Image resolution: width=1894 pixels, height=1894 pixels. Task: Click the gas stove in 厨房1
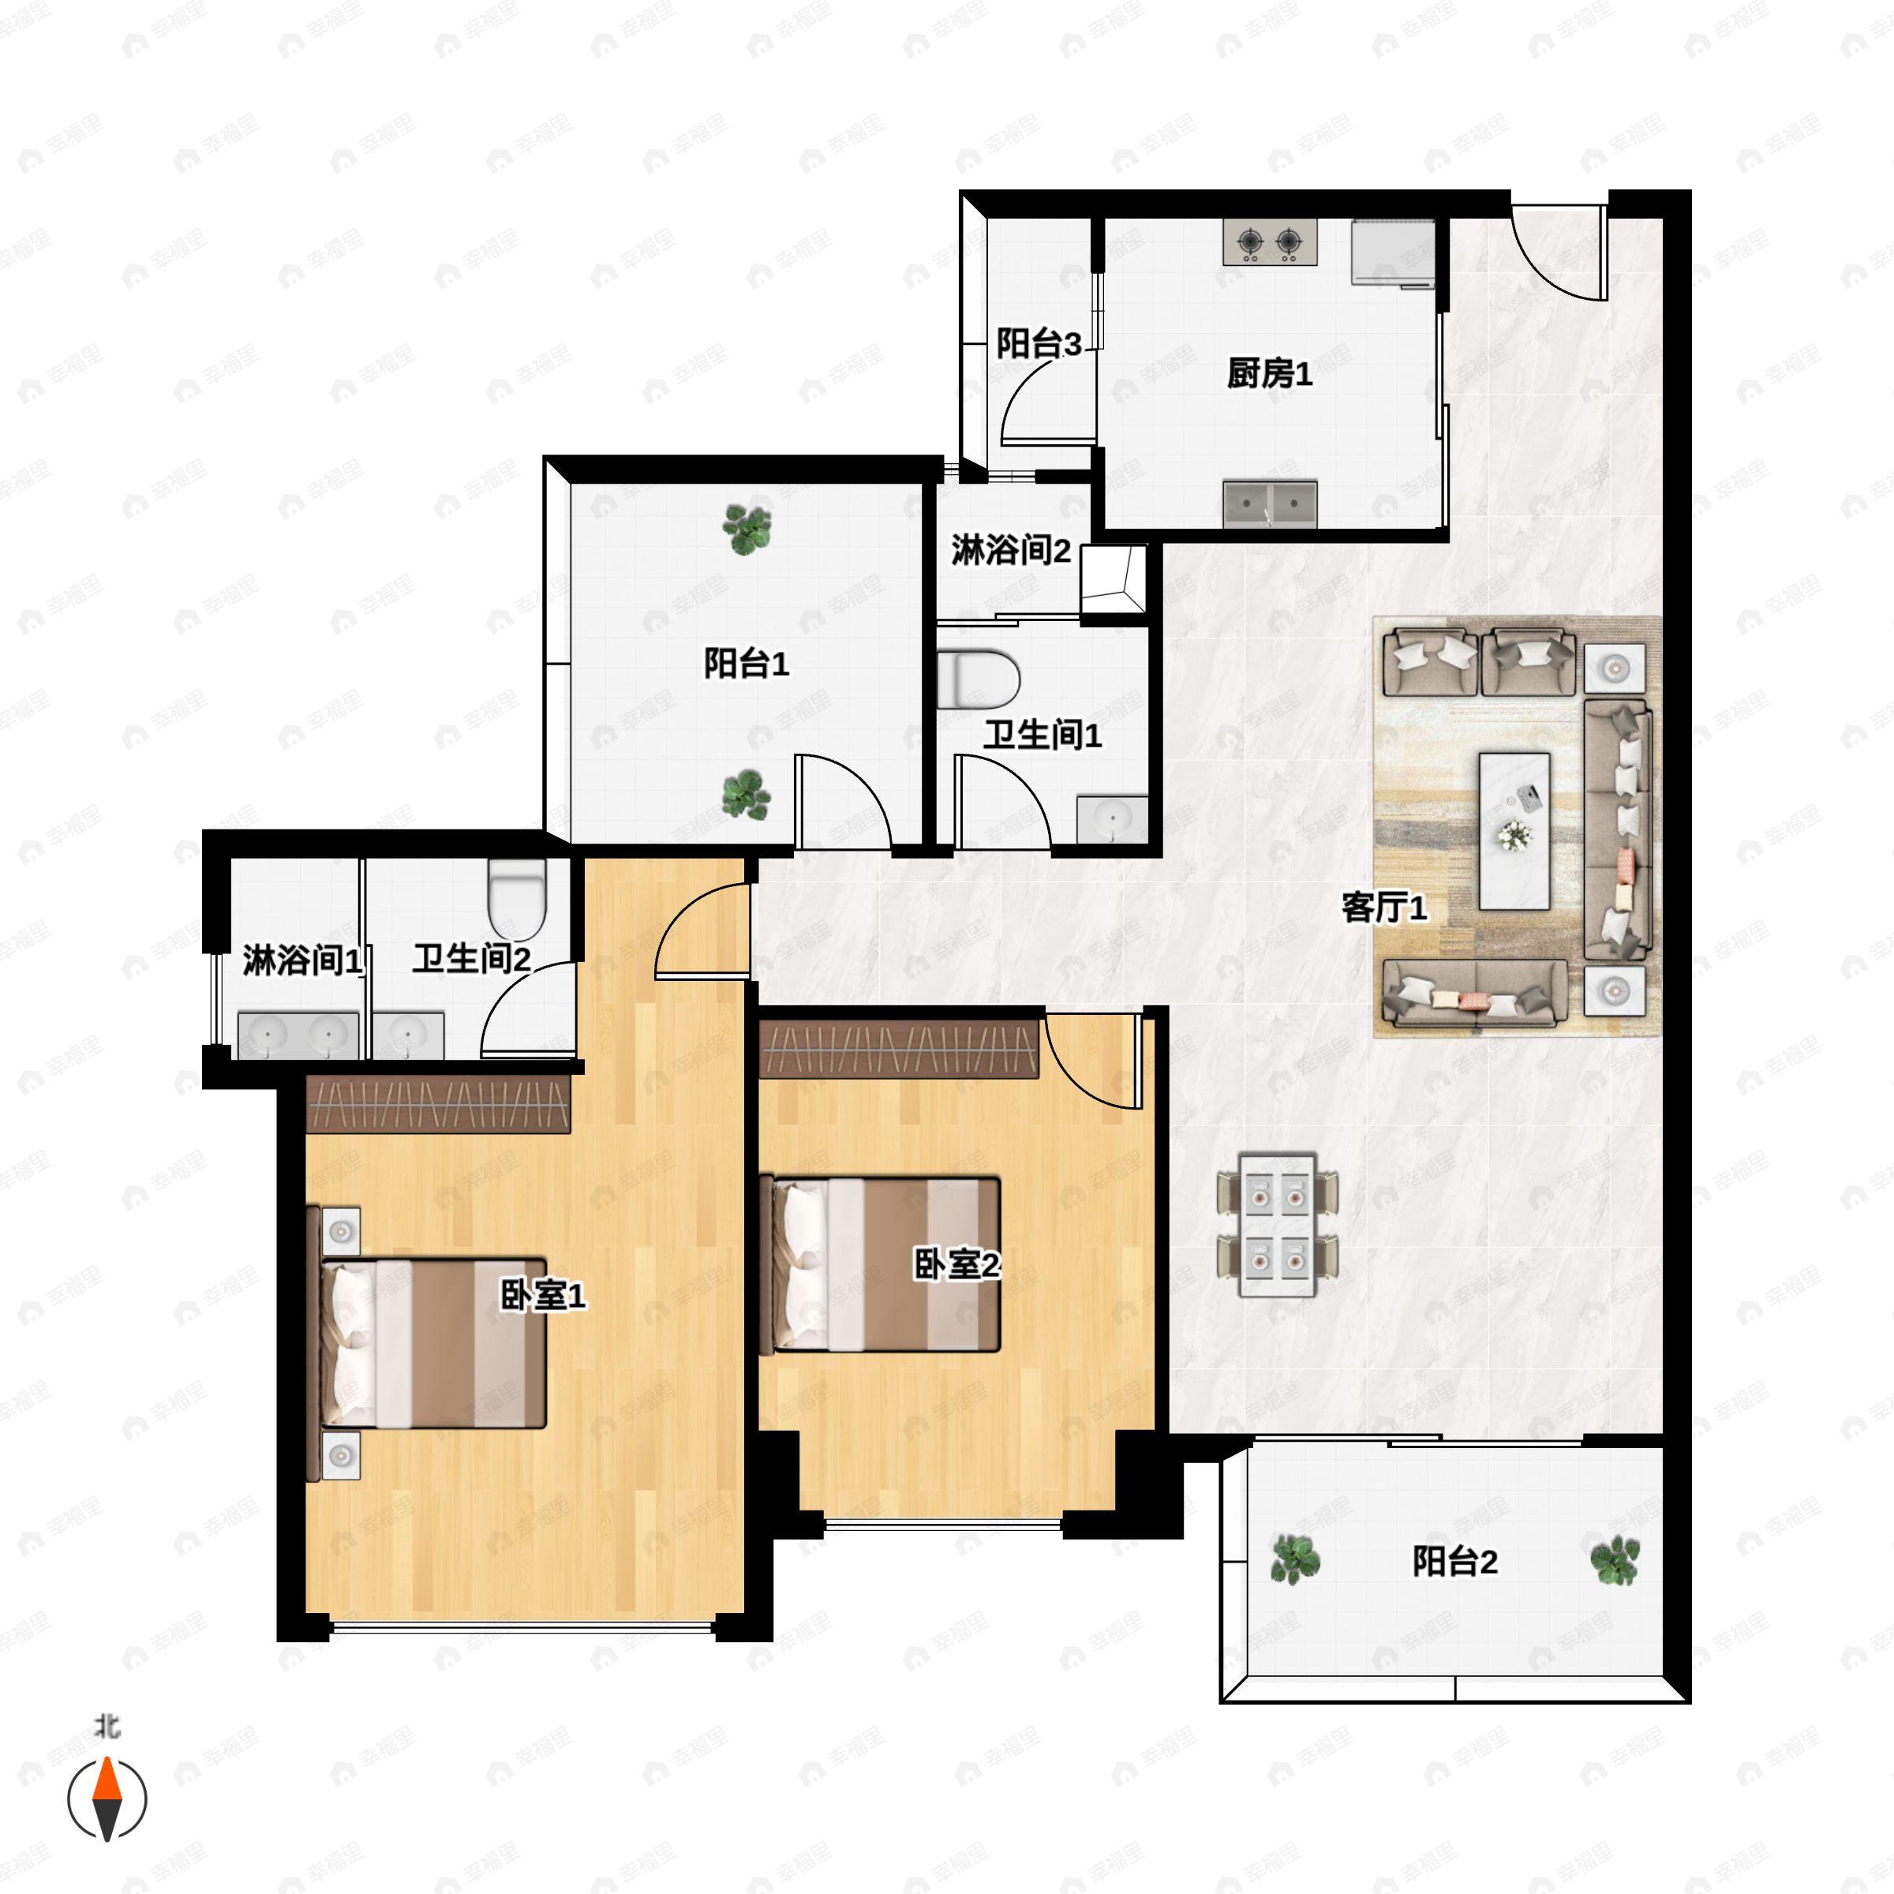tap(1270, 241)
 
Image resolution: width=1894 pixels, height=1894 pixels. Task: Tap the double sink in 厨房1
tap(1270, 504)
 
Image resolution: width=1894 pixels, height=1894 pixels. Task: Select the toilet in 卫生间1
tap(979, 679)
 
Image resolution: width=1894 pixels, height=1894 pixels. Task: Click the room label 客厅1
tap(1384, 908)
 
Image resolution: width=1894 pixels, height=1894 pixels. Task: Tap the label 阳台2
tap(1454, 1561)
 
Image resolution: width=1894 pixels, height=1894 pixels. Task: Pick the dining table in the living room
tap(1276, 1225)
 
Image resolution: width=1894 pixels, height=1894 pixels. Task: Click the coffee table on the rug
tap(1514, 830)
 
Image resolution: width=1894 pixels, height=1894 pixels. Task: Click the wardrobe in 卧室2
tap(899, 1049)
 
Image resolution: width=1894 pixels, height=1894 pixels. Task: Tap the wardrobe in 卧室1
tap(438, 1104)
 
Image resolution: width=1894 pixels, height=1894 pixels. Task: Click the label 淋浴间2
tap(1011, 550)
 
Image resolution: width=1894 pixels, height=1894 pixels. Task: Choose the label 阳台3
tap(1039, 343)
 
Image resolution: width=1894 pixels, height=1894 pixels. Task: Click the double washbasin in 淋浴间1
tap(298, 1035)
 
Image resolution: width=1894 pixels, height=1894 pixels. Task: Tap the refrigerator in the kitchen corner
tap(1393, 253)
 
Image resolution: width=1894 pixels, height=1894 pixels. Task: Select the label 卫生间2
tap(472, 958)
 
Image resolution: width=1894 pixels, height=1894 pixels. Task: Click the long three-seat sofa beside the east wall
tap(1618, 829)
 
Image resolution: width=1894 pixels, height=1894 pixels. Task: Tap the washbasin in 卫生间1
tap(1113, 818)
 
